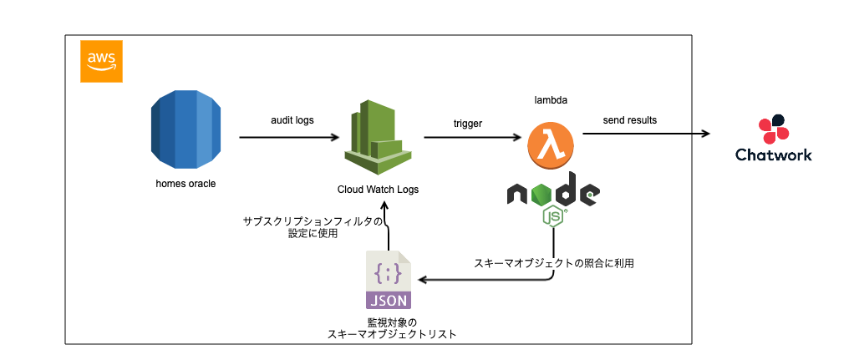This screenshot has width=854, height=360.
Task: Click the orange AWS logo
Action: (100, 61)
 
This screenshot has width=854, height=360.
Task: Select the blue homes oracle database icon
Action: (184, 129)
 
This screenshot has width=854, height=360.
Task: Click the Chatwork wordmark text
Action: (773, 155)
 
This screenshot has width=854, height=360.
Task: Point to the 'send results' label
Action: (630, 120)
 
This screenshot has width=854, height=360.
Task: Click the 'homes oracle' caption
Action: (186, 184)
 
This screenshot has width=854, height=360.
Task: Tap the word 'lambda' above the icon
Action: (552, 100)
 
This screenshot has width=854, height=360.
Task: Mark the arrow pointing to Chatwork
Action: (648, 134)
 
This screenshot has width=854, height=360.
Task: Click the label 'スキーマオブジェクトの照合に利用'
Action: (554, 263)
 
